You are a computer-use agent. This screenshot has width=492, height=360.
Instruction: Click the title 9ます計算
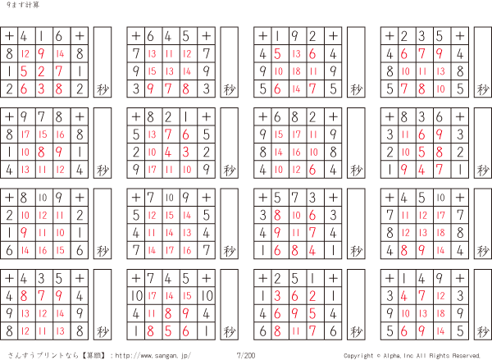[x=23, y=5]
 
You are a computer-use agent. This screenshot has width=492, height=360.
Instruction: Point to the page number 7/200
[x=246, y=355]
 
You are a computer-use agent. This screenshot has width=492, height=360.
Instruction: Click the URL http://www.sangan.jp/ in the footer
[x=153, y=356]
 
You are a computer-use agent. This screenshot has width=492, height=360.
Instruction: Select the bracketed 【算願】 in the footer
[x=94, y=356]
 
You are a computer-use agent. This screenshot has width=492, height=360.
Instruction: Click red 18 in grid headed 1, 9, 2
[x=296, y=71]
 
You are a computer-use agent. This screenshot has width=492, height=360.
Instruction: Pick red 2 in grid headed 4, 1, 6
[x=42, y=71]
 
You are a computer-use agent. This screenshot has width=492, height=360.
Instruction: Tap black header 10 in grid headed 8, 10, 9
[x=43, y=198]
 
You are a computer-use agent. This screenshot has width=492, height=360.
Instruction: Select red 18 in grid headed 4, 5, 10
[x=440, y=233]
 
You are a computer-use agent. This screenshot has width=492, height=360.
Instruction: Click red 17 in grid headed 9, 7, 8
[x=25, y=134]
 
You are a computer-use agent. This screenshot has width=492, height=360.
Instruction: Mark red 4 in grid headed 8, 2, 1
[x=168, y=153]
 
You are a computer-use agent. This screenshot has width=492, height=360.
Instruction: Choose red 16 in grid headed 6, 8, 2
[x=296, y=153]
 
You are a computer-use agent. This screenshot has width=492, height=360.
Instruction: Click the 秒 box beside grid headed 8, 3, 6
[x=483, y=144]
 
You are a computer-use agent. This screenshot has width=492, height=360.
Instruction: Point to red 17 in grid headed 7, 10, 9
[x=170, y=250]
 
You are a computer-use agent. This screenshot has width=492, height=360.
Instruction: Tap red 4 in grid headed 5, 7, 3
[x=312, y=250]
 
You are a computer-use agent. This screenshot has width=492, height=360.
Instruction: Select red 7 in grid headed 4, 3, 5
[x=42, y=296]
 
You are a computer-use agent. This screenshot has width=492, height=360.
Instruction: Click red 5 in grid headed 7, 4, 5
[x=168, y=331]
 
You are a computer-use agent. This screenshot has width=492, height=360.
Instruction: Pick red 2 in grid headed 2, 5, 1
[x=312, y=296]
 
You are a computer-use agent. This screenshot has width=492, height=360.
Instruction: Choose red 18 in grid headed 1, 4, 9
[x=440, y=313]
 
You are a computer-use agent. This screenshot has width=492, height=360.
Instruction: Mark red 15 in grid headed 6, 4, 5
[x=152, y=71]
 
